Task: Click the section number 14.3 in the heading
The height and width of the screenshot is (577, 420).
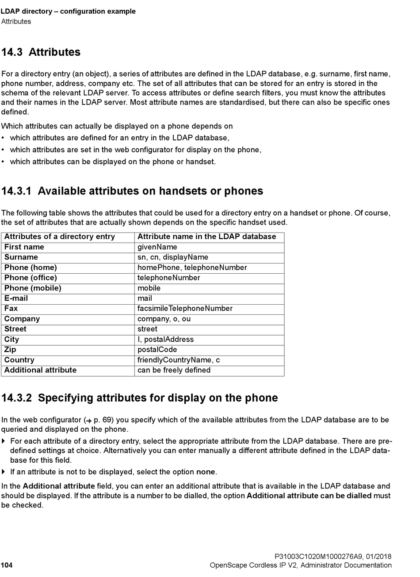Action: [x=12, y=52]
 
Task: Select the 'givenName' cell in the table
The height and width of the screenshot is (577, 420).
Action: [x=157, y=247]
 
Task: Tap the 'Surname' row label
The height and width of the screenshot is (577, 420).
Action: [x=21, y=257]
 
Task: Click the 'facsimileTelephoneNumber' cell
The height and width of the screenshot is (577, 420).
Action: [x=185, y=309]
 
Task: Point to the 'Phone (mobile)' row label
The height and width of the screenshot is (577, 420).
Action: [x=33, y=288]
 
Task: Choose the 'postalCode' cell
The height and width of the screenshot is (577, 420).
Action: [x=157, y=350]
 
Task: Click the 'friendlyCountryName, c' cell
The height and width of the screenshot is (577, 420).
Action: [x=179, y=360]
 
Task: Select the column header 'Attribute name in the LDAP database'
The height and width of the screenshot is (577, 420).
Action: [x=207, y=237]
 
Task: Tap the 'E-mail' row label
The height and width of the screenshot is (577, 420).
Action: [x=16, y=298]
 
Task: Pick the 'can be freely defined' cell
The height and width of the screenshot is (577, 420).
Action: [x=174, y=370]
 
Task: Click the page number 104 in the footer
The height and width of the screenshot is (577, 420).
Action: [x=7, y=565]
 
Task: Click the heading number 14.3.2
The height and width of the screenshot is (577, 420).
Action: [x=16, y=398]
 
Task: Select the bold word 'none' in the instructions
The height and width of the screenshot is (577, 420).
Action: [x=206, y=472]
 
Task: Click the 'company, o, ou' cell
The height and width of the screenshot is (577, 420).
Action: [x=164, y=319]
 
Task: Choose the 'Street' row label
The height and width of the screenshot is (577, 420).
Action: [x=15, y=329]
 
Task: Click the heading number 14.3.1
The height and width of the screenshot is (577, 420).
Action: [x=16, y=191]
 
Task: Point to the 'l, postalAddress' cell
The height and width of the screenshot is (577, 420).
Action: [x=166, y=340]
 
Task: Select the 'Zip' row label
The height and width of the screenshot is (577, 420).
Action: [x=10, y=350]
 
